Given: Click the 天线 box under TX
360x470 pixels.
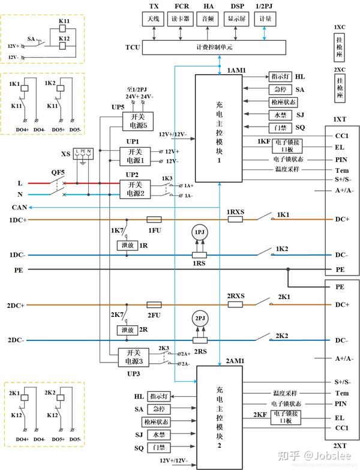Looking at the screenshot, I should (154, 19).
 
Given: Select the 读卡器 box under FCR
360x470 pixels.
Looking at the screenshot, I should (182, 19).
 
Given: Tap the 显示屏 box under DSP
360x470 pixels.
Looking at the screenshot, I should (235, 19).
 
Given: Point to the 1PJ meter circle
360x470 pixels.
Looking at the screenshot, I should (198, 233).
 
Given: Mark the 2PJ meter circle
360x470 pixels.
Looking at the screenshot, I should (198, 318).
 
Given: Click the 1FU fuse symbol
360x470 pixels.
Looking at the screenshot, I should (154, 220).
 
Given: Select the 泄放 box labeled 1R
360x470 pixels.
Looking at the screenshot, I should (127, 245).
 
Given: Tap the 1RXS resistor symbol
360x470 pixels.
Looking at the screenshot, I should (235, 220).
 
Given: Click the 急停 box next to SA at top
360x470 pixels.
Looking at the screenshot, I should (280, 89).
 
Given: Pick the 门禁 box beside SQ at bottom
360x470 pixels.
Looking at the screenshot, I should (158, 447).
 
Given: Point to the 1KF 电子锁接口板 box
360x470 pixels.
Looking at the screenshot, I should (286, 145).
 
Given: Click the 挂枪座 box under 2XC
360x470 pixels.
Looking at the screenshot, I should (340, 91).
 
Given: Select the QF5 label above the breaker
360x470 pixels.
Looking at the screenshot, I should (58, 172).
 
